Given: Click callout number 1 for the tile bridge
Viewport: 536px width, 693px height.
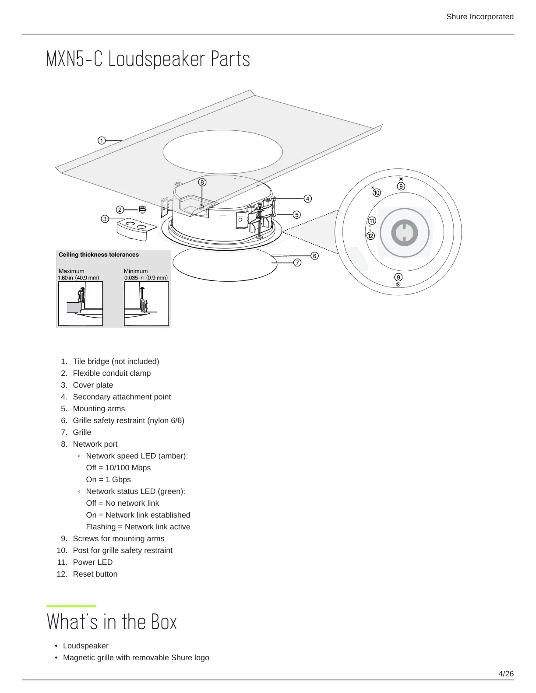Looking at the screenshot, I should pyautogui.click(x=102, y=140).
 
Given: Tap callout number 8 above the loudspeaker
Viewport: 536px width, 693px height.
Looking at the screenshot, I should pyautogui.click(x=202, y=182).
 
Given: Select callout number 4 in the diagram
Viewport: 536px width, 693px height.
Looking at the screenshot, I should pyautogui.click(x=308, y=199).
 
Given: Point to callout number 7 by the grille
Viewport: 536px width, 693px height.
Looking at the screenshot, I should pyautogui.click(x=297, y=262).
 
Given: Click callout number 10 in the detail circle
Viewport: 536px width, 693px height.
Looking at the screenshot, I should pyautogui.click(x=377, y=192).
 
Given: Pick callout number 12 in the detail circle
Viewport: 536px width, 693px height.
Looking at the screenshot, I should pyautogui.click(x=371, y=236).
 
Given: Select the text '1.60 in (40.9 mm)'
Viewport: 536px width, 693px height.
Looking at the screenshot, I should pyautogui.click(x=78, y=278).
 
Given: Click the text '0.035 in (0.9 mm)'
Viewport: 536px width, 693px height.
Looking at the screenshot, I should pyautogui.click(x=146, y=278).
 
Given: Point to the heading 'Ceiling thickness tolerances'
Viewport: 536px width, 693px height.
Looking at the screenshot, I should pyautogui.click(x=99, y=255).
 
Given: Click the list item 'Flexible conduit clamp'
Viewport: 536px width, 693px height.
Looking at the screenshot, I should pyautogui.click(x=112, y=373).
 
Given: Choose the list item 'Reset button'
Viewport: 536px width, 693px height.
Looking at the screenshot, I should pyautogui.click(x=95, y=574).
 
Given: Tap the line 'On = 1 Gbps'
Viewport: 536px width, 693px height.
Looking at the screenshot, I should pyautogui.click(x=108, y=479).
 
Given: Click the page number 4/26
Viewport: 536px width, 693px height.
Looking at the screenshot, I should pyautogui.click(x=506, y=674).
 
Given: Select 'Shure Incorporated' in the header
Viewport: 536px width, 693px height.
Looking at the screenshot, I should pyautogui.click(x=480, y=17).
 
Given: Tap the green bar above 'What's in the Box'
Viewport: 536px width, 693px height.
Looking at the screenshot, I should pyautogui.click(x=71, y=606).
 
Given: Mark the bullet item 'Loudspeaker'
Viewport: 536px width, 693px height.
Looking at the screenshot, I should pyautogui.click(x=86, y=646).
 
